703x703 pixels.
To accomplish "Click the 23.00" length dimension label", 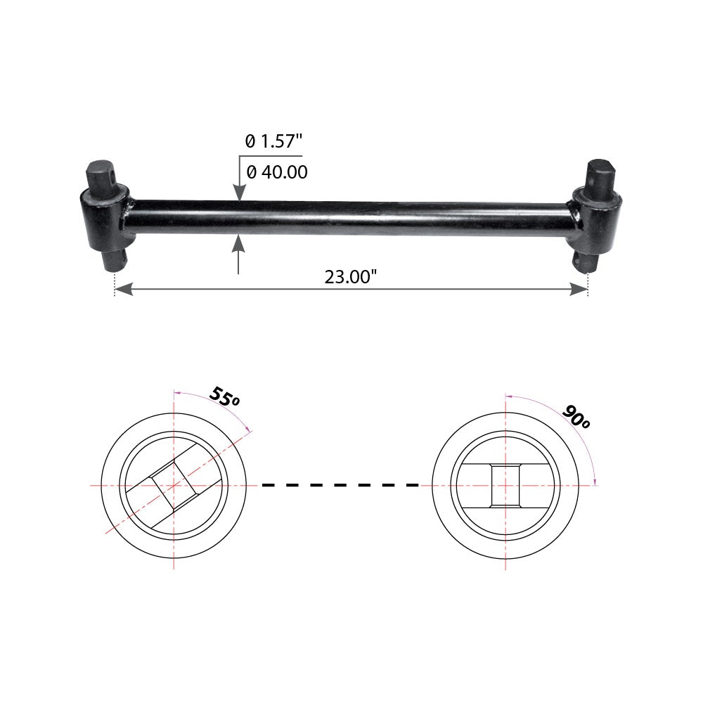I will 351,276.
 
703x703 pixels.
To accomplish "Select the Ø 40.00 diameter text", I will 276,172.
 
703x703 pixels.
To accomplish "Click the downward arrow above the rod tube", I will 239,193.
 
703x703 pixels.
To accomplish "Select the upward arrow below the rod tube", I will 239,243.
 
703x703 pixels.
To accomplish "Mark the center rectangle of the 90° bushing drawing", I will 505,485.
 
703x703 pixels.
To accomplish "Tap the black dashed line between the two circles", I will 340,485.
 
